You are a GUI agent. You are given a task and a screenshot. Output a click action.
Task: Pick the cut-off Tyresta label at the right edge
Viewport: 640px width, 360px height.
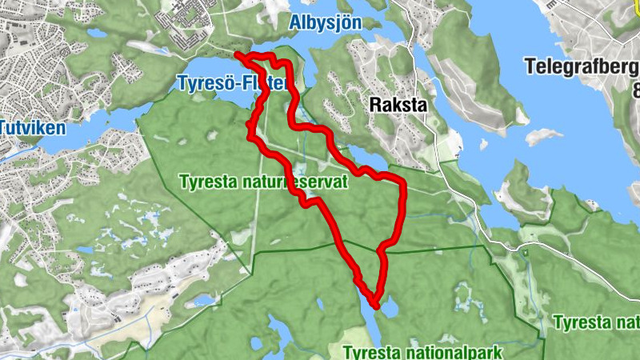click(x=596, y=323)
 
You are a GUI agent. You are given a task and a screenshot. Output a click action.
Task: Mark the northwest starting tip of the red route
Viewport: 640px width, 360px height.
click(x=237, y=54)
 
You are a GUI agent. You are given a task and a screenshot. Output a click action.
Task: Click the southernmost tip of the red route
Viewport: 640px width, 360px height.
click(x=374, y=305)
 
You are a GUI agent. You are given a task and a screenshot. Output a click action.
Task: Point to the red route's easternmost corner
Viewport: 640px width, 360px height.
click(x=403, y=186)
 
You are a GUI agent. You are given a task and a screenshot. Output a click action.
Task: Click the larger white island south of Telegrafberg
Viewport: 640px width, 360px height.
click(x=544, y=135)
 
